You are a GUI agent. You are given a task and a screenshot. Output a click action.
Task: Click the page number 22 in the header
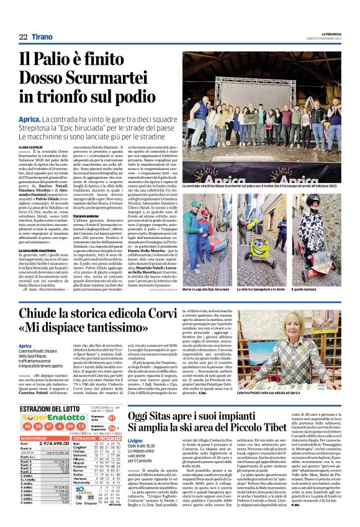[22, 38]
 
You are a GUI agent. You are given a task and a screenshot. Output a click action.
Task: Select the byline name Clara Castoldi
[31, 146]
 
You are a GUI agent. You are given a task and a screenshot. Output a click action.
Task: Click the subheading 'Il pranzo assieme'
[87, 215]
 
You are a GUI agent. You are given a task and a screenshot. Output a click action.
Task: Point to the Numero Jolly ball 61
[112, 403]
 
